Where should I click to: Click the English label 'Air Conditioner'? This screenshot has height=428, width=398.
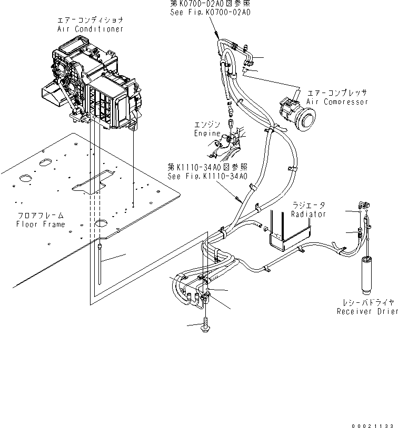(x=91, y=29)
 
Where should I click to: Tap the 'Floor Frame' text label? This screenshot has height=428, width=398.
(x=41, y=224)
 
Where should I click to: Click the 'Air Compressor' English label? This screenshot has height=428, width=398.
(x=337, y=101)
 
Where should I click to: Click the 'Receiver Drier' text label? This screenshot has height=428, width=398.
(x=367, y=312)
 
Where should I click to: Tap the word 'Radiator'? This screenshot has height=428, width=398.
(x=308, y=214)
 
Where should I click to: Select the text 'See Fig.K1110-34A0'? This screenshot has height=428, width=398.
(x=207, y=176)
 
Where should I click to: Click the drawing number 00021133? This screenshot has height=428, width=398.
(x=372, y=420)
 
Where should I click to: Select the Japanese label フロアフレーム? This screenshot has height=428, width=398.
(x=41, y=216)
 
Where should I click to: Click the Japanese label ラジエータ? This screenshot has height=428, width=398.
(x=309, y=206)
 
